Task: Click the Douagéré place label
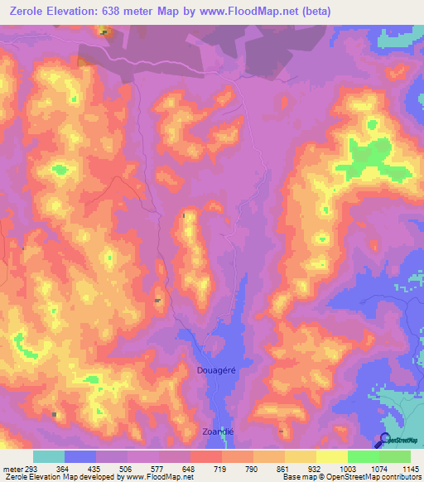[217, 370]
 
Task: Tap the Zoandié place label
[216, 432]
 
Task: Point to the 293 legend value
[33, 468]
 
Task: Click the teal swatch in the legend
[49, 456]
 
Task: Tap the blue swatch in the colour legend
[80, 456]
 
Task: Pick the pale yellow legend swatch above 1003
[332, 456]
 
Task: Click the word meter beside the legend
[12, 468]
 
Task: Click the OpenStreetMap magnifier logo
[385, 440]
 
